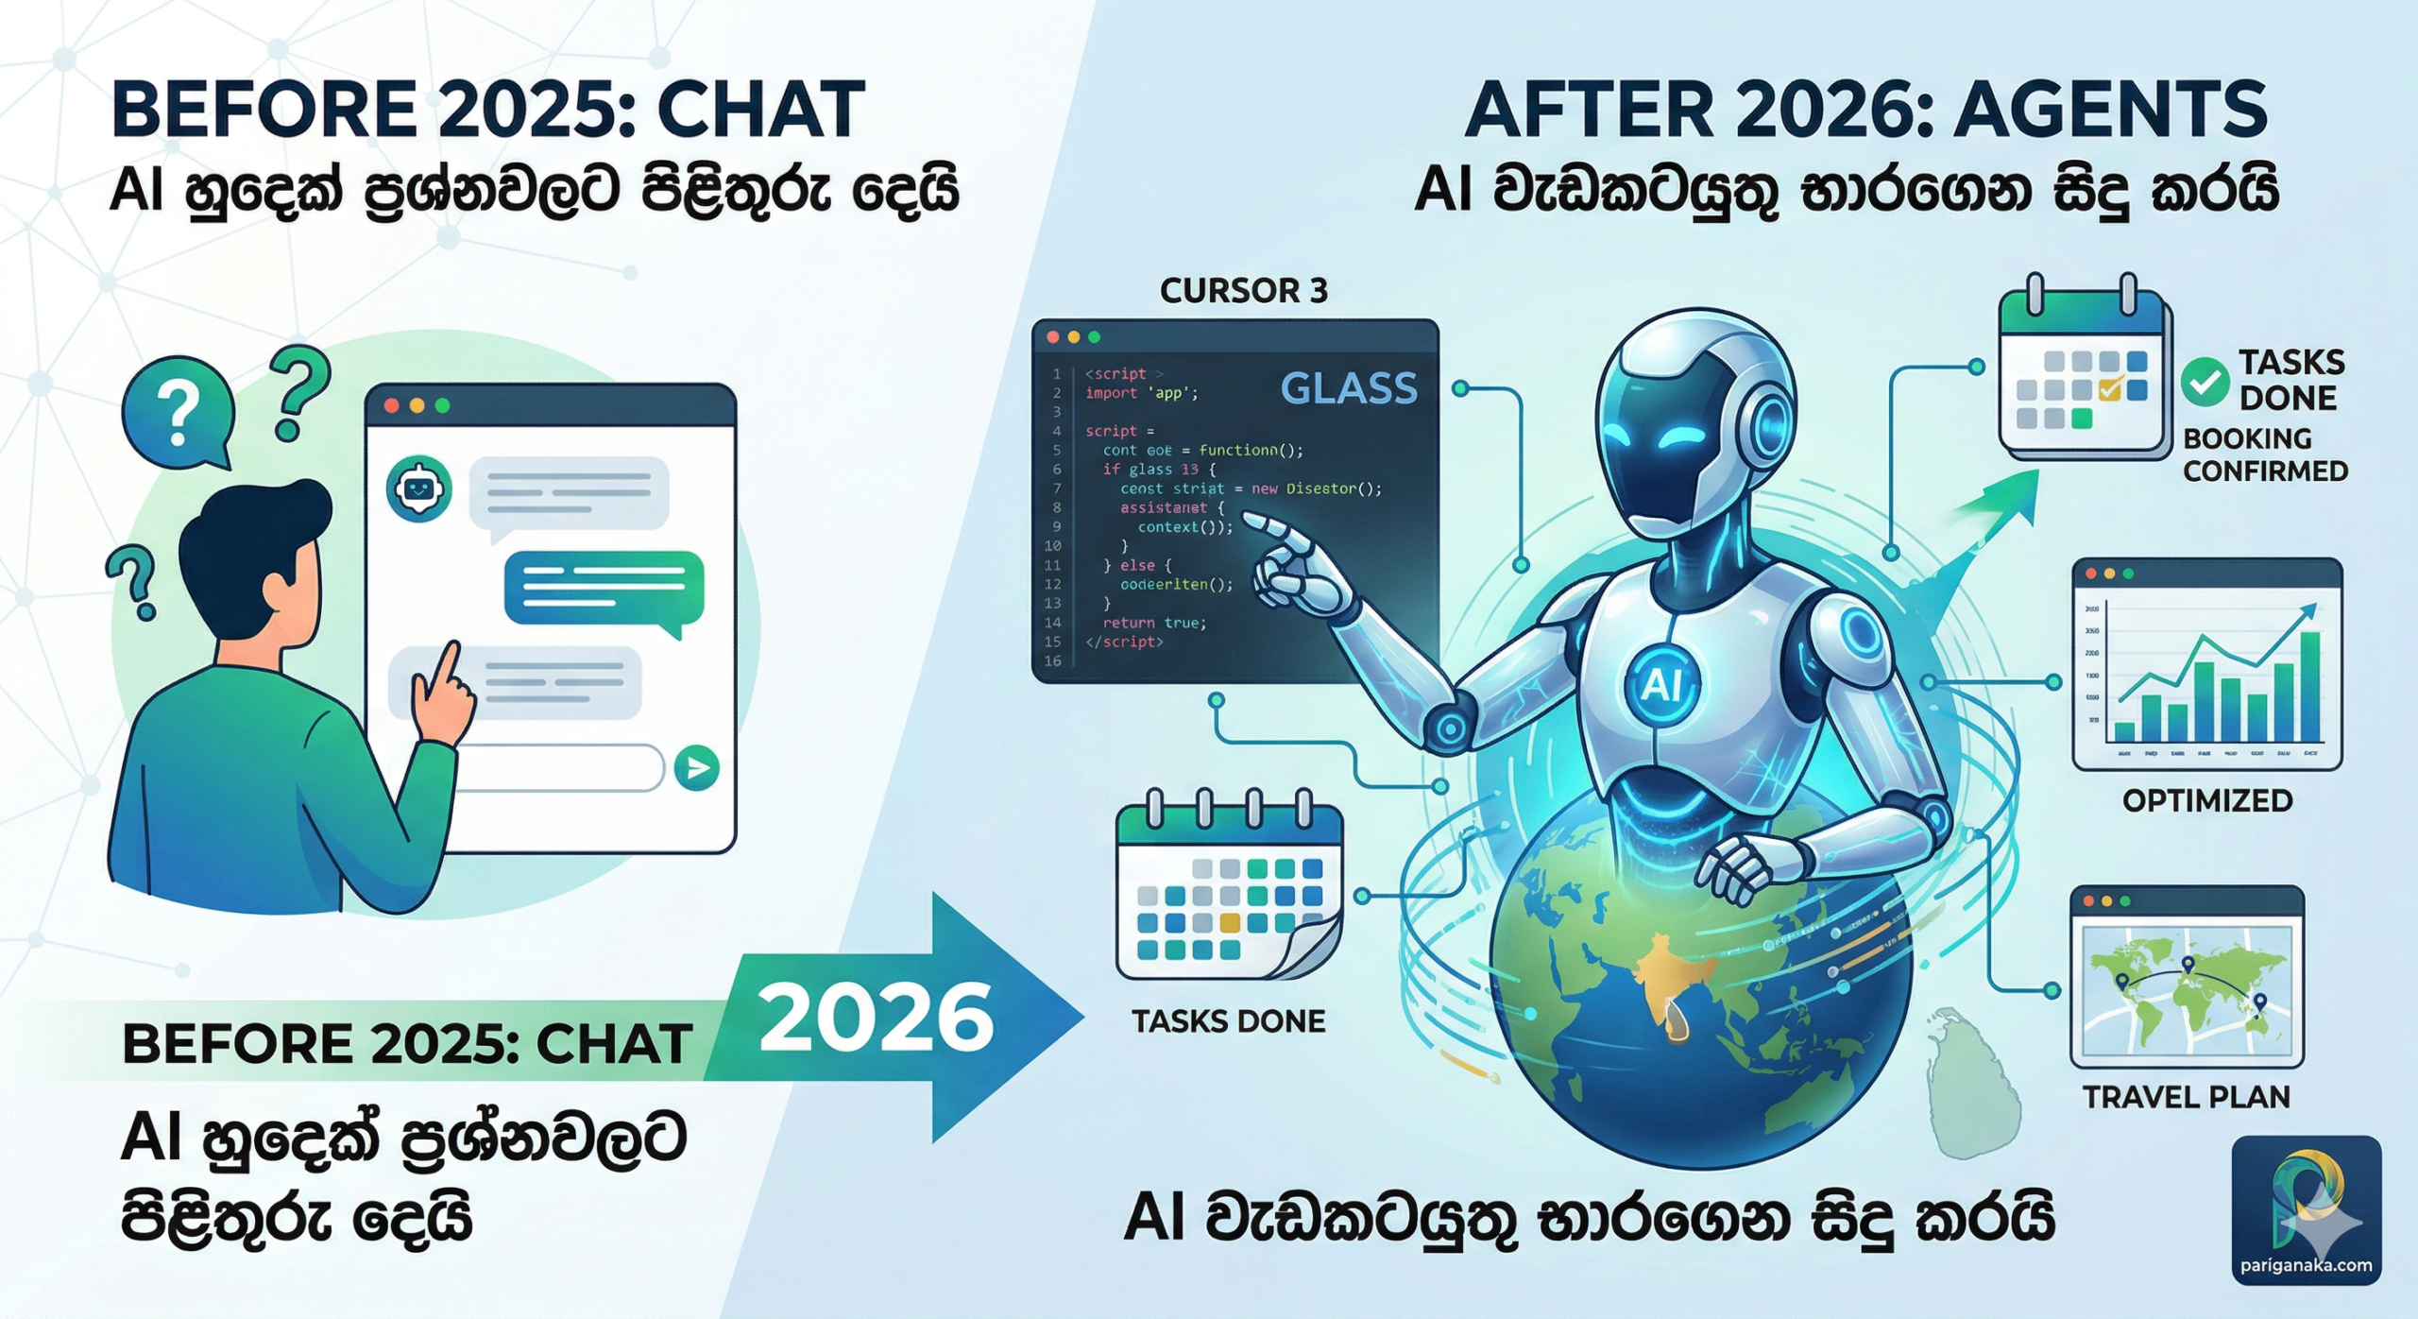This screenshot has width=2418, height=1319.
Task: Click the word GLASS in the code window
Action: click(x=1348, y=388)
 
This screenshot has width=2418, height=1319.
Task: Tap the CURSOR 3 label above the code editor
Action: click(x=1243, y=291)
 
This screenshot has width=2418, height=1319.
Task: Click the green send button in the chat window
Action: click(x=697, y=767)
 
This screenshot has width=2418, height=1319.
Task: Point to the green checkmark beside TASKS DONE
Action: click(x=2205, y=383)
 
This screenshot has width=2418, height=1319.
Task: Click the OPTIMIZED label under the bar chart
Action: click(x=2207, y=801)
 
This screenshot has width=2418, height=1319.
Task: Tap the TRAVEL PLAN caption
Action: click(x=2186, y=1097)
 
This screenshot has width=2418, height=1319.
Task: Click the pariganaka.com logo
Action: click(x=2307, y=1209)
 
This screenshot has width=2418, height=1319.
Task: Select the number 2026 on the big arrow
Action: click(x=876, y=1018)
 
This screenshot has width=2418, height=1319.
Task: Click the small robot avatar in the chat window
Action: click(x=419, y=488)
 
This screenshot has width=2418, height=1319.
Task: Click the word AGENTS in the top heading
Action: click(x=2110, y=110)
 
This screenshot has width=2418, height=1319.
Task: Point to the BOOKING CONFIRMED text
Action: click(x=2264, y=454)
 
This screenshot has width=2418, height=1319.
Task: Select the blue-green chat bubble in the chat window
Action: click(x=604, y=588)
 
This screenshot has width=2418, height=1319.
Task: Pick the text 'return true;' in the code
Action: click(x=1153, y=623)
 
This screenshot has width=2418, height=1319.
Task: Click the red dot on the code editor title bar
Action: click(x=1052, y=337)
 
